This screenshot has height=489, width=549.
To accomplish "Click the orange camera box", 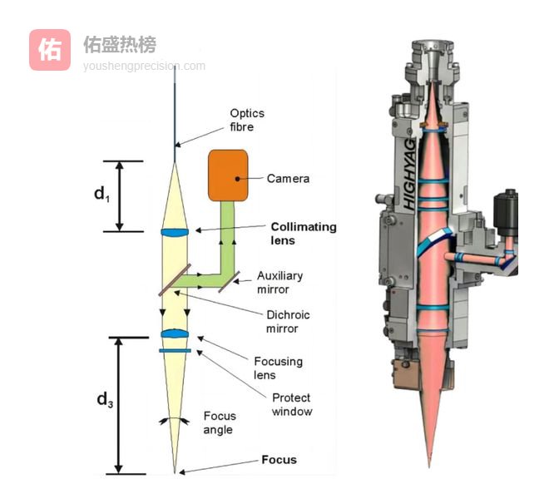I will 228,175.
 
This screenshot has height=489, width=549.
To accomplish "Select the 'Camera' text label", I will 288,178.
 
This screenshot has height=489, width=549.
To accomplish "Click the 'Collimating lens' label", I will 304,233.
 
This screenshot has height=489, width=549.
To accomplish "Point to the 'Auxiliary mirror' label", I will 279,282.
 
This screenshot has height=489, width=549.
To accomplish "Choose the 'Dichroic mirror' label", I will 282,321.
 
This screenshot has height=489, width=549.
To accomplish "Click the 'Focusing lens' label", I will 278,368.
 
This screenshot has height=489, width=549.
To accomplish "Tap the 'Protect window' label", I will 292,404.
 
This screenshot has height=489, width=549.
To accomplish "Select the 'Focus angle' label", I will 220,422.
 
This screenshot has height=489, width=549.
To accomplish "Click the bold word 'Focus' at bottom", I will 279,459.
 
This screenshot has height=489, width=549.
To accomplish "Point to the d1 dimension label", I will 101,195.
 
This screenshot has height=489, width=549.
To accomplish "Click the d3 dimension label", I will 104,400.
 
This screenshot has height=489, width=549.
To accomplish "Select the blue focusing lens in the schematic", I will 176,334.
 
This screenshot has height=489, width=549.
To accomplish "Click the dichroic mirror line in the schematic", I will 176,280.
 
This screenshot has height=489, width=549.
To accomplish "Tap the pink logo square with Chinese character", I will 50,50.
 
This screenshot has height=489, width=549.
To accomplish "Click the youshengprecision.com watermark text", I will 144,66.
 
